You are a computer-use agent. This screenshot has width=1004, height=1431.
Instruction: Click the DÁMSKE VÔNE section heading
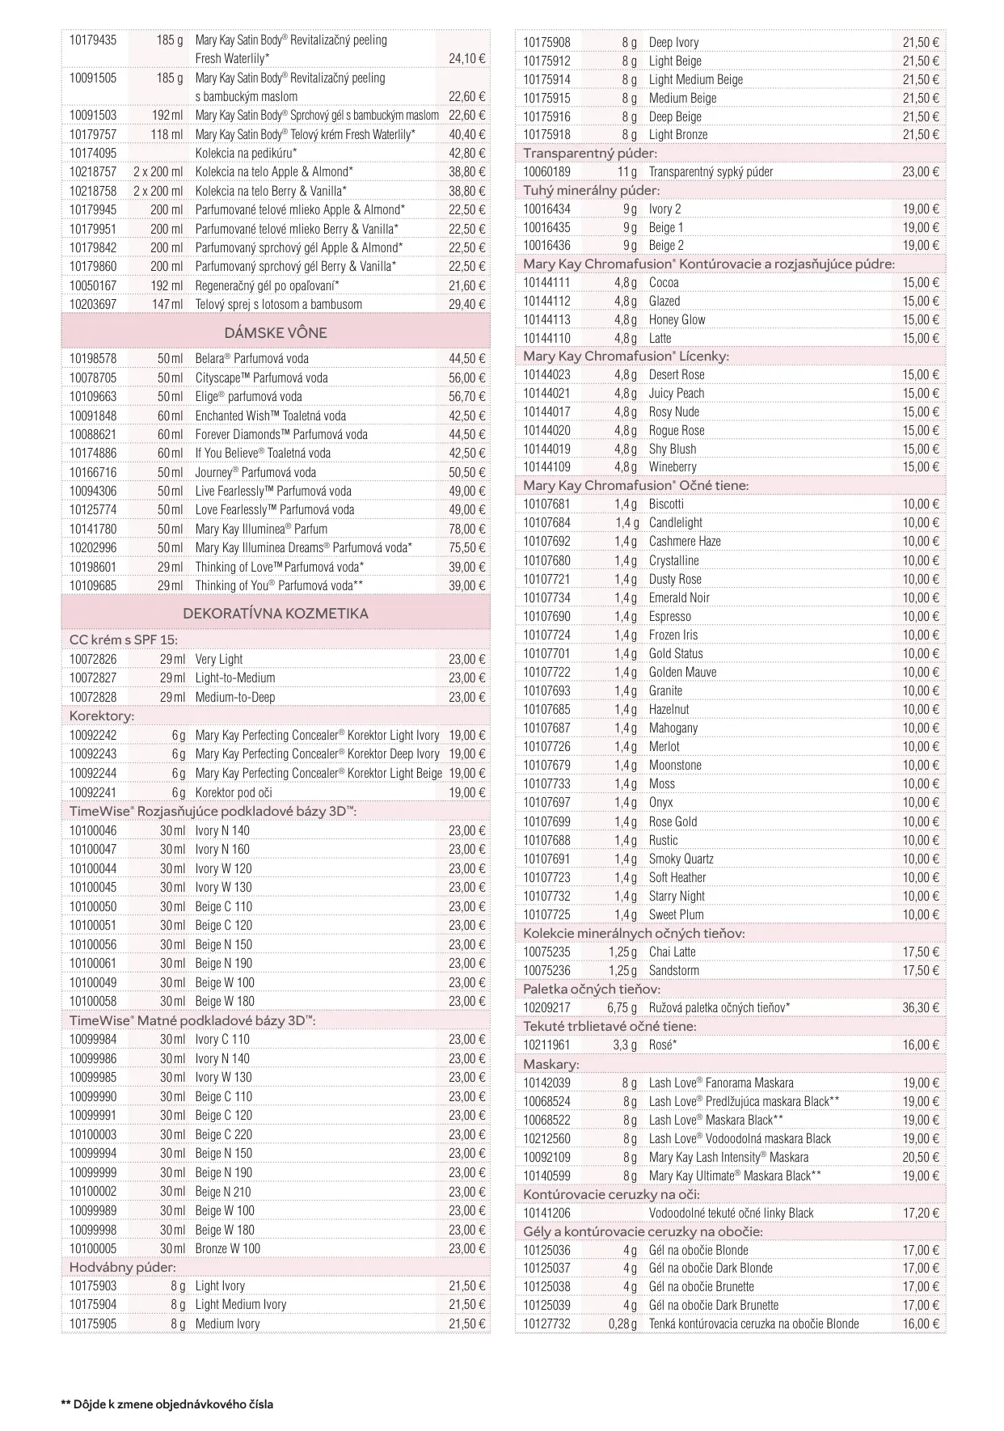tap(276, 332)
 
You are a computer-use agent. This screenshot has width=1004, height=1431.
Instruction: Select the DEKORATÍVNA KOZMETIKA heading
tap(276, 613)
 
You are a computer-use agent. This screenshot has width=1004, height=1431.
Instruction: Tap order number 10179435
tap(92, 40)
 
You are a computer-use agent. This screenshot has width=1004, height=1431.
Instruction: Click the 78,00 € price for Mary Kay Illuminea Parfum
tap(466, 529)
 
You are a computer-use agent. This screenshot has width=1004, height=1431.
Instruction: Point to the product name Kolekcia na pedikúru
tap(246, 153)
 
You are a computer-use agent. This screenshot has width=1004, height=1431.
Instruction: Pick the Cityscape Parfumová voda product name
tap(261, 378)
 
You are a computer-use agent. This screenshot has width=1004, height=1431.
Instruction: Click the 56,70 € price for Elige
tap(466, 396)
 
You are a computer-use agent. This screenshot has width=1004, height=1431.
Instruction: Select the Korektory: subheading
tap(102, 715)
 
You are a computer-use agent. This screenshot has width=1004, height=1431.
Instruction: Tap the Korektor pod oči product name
tap(234, 792)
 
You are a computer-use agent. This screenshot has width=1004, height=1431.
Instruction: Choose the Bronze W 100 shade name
tap(228, 1248)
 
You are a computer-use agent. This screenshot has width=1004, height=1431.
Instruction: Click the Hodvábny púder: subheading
tap(122, 1267)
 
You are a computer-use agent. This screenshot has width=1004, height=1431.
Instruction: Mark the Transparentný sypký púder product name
tap(711, 171)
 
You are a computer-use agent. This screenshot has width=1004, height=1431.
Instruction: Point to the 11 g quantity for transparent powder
tap(627, 171)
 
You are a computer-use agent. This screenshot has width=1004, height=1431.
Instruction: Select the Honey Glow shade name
tap(677, 319)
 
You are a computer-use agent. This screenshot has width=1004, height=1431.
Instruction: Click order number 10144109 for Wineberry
tap(546, 466)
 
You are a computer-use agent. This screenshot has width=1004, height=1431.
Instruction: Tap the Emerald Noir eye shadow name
tap(679, 597)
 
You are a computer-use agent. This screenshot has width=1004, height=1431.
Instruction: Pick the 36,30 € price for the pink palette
tap(921, 1007)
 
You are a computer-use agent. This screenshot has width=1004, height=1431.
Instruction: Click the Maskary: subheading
tap(551, 1064)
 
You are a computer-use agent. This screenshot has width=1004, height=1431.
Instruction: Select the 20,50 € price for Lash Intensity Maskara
tap(921, 1157)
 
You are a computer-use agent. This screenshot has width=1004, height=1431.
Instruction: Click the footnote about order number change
tap(167, 1404)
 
